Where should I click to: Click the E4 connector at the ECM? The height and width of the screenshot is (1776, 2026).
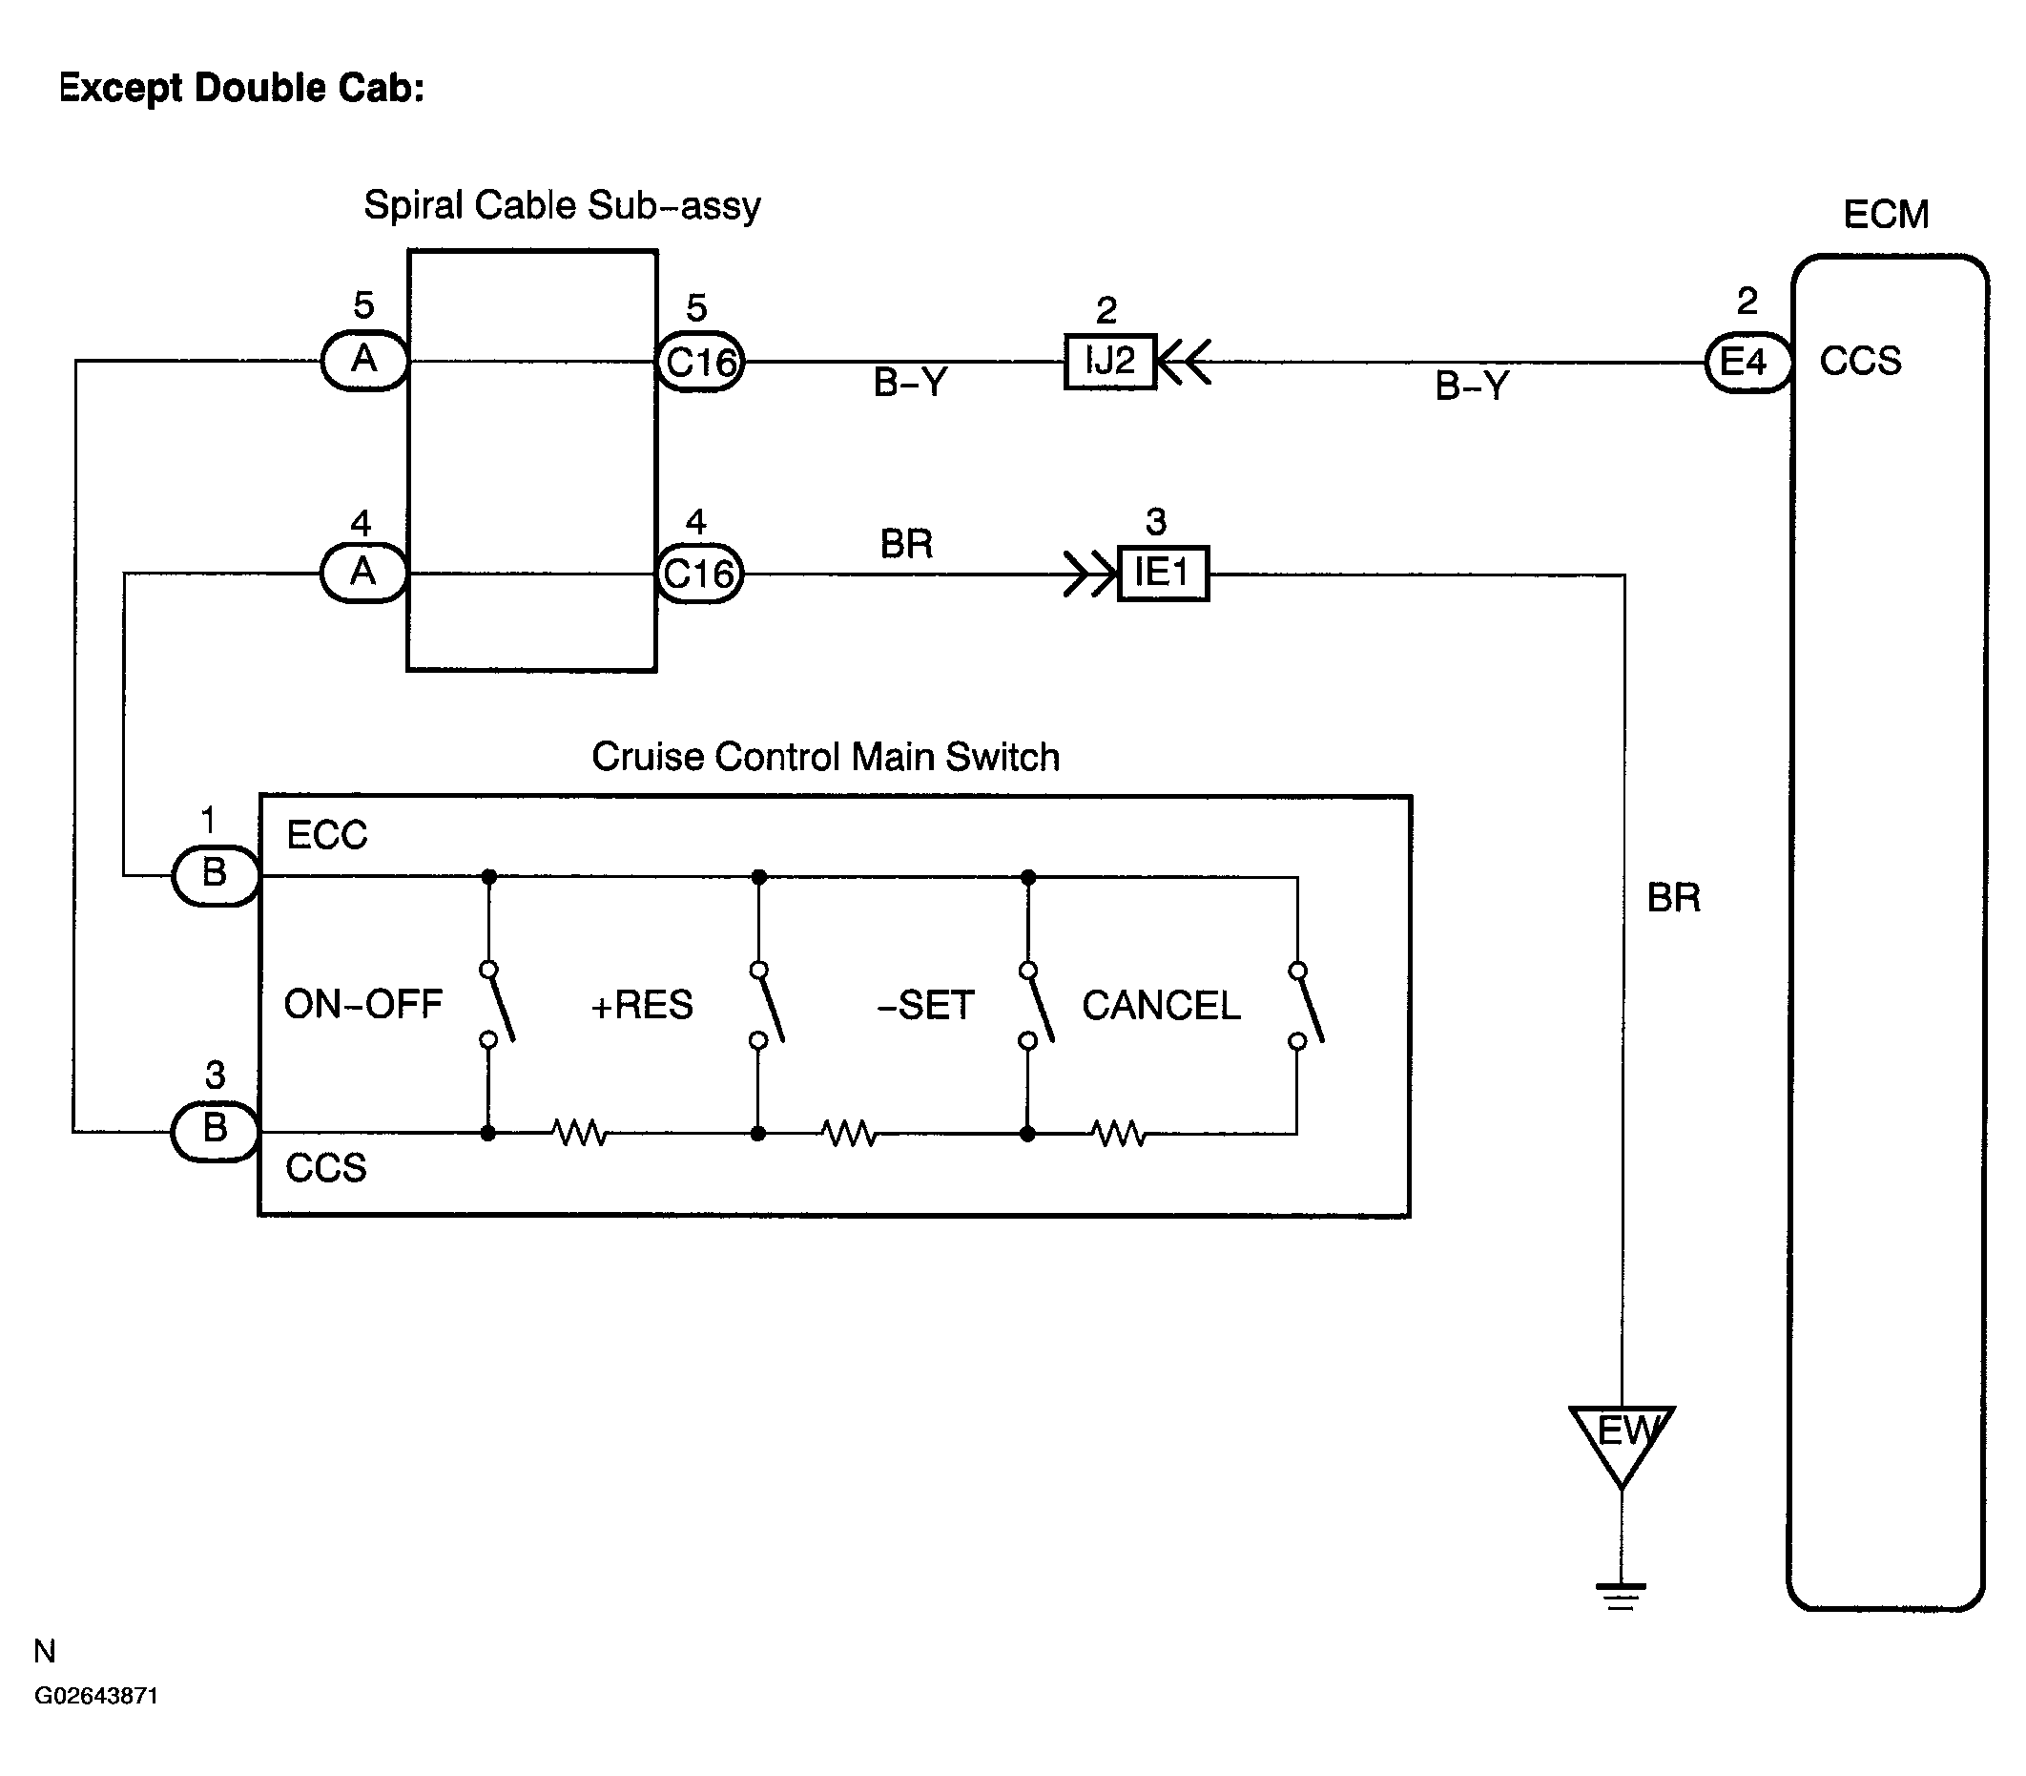pos(1747,363)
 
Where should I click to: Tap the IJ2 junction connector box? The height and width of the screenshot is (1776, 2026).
pos(1109,362)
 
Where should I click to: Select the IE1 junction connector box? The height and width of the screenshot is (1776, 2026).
pos(1163,573)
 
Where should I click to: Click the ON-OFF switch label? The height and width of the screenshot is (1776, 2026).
pos(362,1005)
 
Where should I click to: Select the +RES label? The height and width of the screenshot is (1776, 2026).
pos(642,1005)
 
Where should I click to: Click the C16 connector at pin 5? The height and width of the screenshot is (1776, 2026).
pos(699,362)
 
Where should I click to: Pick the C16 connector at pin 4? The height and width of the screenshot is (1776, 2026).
pos(699,573)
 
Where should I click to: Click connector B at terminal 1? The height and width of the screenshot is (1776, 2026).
pos(216,875)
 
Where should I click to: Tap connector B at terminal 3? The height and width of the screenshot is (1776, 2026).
pos(215,1131)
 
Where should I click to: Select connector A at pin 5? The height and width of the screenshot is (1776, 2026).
pos(364,361)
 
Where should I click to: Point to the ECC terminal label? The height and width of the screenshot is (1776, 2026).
pos(327,835)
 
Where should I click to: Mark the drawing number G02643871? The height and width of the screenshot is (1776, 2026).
pos(96,1696)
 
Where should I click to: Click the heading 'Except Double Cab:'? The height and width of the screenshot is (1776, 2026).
pos(241,88)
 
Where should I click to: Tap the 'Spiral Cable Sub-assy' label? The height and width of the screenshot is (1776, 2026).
pos(563,205)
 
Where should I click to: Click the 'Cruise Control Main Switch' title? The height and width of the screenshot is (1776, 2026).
pos(825,757)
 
